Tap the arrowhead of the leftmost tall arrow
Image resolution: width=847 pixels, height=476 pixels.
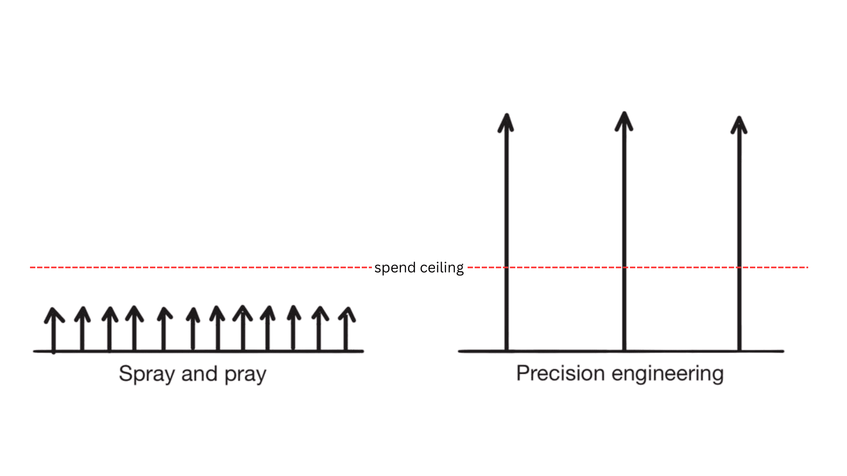click(506, 123)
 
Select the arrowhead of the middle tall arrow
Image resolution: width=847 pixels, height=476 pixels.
click(624, 121)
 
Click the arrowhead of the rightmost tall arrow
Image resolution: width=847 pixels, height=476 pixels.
click(739, 125)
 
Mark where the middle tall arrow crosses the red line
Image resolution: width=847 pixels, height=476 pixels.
click(624, 267)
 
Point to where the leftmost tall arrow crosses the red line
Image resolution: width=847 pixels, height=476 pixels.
click(506, 267)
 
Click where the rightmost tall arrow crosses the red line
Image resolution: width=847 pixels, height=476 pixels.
click(739, 267)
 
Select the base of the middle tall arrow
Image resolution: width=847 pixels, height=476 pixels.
click(624, 350)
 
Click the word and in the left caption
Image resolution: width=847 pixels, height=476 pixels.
click(199, 374)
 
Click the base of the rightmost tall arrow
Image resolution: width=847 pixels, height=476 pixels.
click(739, 350)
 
